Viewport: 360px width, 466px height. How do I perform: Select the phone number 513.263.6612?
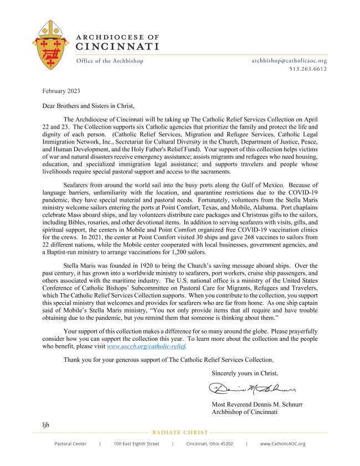click(x=308, y=69)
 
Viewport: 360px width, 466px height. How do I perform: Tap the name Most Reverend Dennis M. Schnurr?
click(x=257, y=404)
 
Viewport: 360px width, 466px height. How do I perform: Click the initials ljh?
click(x=46, y=424)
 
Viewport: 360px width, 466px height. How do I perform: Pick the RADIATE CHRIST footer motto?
click(x=180, y=432)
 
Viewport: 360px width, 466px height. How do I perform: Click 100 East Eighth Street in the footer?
click(x=136, y=444)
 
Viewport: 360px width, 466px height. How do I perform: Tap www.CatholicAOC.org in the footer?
click(x=282, y=444)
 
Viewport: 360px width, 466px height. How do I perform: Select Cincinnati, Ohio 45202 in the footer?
click(x=209, y=444)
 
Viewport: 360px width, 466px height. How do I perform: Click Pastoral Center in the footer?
click(x=70, y=444)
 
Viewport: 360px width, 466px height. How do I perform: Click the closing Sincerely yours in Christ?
click(x=245, y=373)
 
